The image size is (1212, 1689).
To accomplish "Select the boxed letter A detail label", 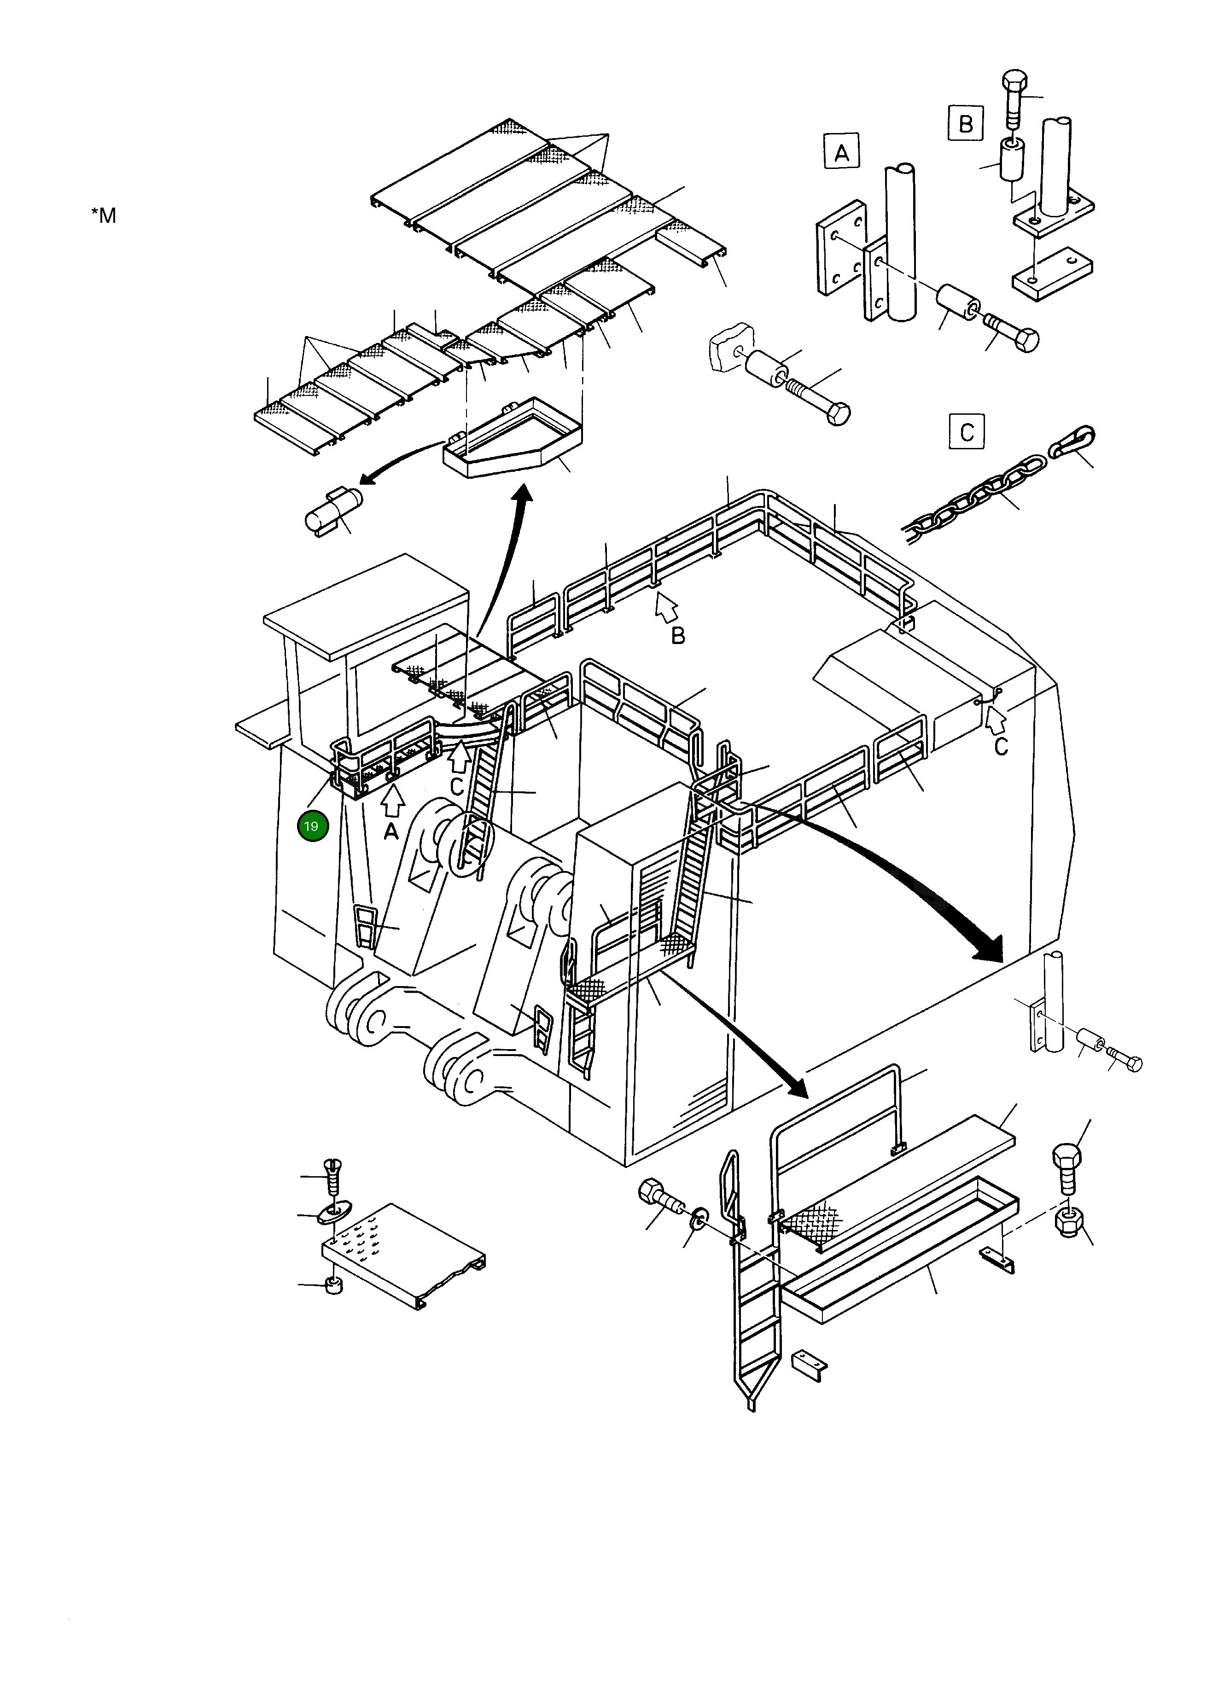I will pyautogui.click(x=841, y=153).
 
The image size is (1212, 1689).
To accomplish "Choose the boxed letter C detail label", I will pyautogui.click(x=966, y=432).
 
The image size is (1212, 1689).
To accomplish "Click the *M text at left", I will pyautogui.click(x=104, y=216).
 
